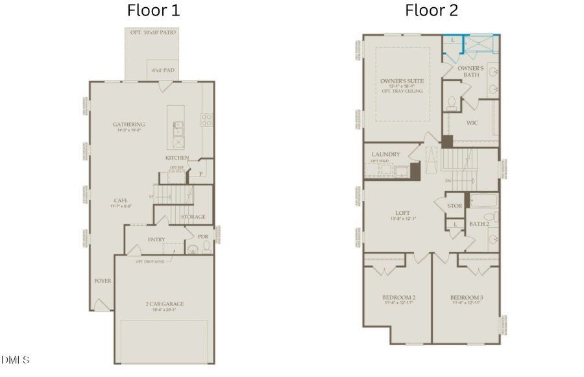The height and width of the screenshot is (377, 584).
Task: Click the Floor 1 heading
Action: click(153, 10)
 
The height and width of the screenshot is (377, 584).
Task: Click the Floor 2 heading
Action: click(432, 10)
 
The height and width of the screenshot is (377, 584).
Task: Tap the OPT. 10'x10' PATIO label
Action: click(151, 32)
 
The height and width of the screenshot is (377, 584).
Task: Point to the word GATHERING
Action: click(128, 124)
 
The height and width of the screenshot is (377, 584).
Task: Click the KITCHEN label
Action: click(177, 158)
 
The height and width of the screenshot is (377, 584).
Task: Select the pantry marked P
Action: click(201, 173)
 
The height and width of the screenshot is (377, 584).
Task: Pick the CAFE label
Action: click(120, 201)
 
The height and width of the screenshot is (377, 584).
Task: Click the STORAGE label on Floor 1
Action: click(193, 217)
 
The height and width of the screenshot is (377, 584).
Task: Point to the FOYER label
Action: click(103, 281)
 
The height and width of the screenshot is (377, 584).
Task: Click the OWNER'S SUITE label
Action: click(402, 81)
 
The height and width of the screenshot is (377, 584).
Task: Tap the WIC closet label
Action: click(472, 121)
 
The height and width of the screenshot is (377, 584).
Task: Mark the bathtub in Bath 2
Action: click(483, 202)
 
